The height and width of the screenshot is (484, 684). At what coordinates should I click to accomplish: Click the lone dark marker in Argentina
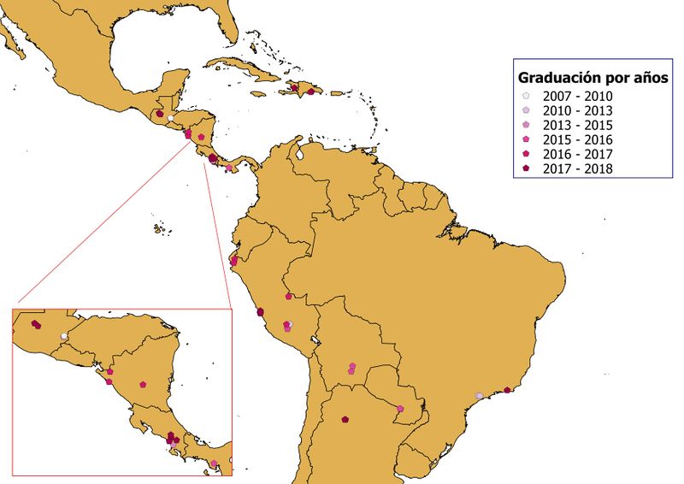[x=344, y=419]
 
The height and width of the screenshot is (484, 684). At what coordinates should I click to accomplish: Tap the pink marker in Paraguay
[x=399, y=408]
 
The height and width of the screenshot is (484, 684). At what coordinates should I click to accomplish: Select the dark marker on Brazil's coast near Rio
[x=507, y=390]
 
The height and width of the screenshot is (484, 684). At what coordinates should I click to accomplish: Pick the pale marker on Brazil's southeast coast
[x=479, y=395]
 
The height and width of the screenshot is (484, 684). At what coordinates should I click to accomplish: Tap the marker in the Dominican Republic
[x=311, y=91]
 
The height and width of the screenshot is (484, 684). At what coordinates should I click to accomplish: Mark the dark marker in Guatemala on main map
[x=160, y=113]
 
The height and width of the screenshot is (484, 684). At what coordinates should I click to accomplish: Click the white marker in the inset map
[x=64, y=336]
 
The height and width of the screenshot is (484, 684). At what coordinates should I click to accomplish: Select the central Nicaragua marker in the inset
[x=143, y=384]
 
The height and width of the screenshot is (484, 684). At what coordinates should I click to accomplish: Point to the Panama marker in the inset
[x=214, y=463]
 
